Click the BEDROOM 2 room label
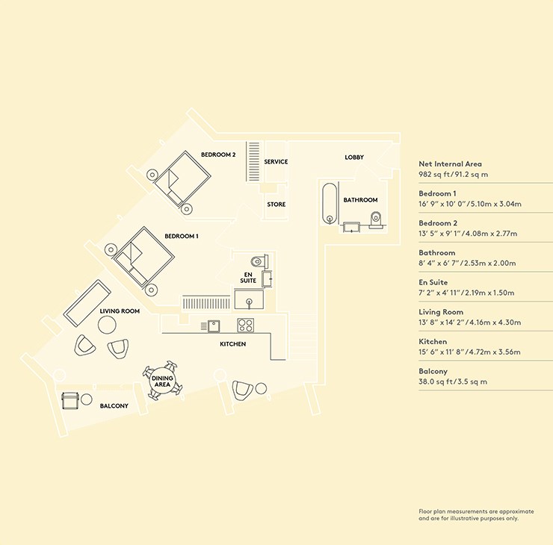[218, 155]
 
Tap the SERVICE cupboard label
[276, 162]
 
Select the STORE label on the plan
[276, 205]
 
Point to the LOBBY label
[354, 157]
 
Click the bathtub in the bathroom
[330, 203]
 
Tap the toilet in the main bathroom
[375, 219]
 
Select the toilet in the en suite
[259, 261]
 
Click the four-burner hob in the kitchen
[245, 326]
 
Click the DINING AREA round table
[162, 381]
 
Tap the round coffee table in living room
[107, 325]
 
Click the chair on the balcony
[69, 401]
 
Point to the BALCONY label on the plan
[114, 406]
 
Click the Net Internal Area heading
[450, 163]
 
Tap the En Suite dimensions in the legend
[466, 293]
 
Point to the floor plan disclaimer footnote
[476, 514]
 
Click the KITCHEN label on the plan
[232, 344]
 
